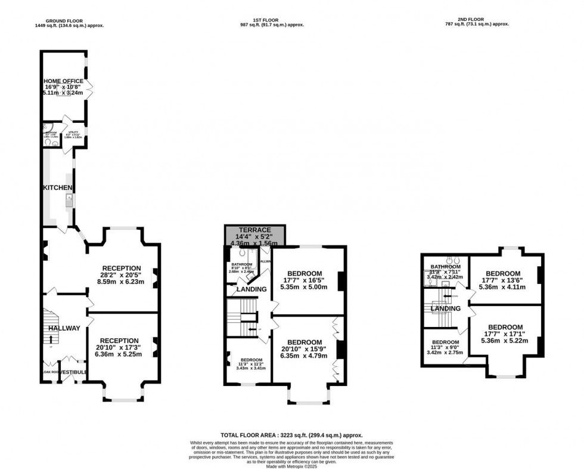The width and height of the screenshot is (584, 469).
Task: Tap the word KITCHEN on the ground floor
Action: pos(58,188)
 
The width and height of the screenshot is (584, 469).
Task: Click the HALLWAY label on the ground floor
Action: pos(64,328)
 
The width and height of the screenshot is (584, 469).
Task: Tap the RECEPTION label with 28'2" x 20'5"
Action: pos(121,268)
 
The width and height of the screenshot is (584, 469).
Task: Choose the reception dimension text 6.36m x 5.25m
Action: pos(121,354)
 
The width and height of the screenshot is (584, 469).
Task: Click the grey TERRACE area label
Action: pos(254,230)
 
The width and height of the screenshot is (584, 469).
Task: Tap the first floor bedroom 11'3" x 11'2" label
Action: pos(251,360)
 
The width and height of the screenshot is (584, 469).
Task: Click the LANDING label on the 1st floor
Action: pos(251,289)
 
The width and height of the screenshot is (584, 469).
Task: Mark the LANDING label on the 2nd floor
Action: pos(446,308)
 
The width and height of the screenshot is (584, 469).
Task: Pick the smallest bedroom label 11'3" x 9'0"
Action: pos(445,342)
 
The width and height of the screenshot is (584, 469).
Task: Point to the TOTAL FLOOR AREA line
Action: pos(291,436)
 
